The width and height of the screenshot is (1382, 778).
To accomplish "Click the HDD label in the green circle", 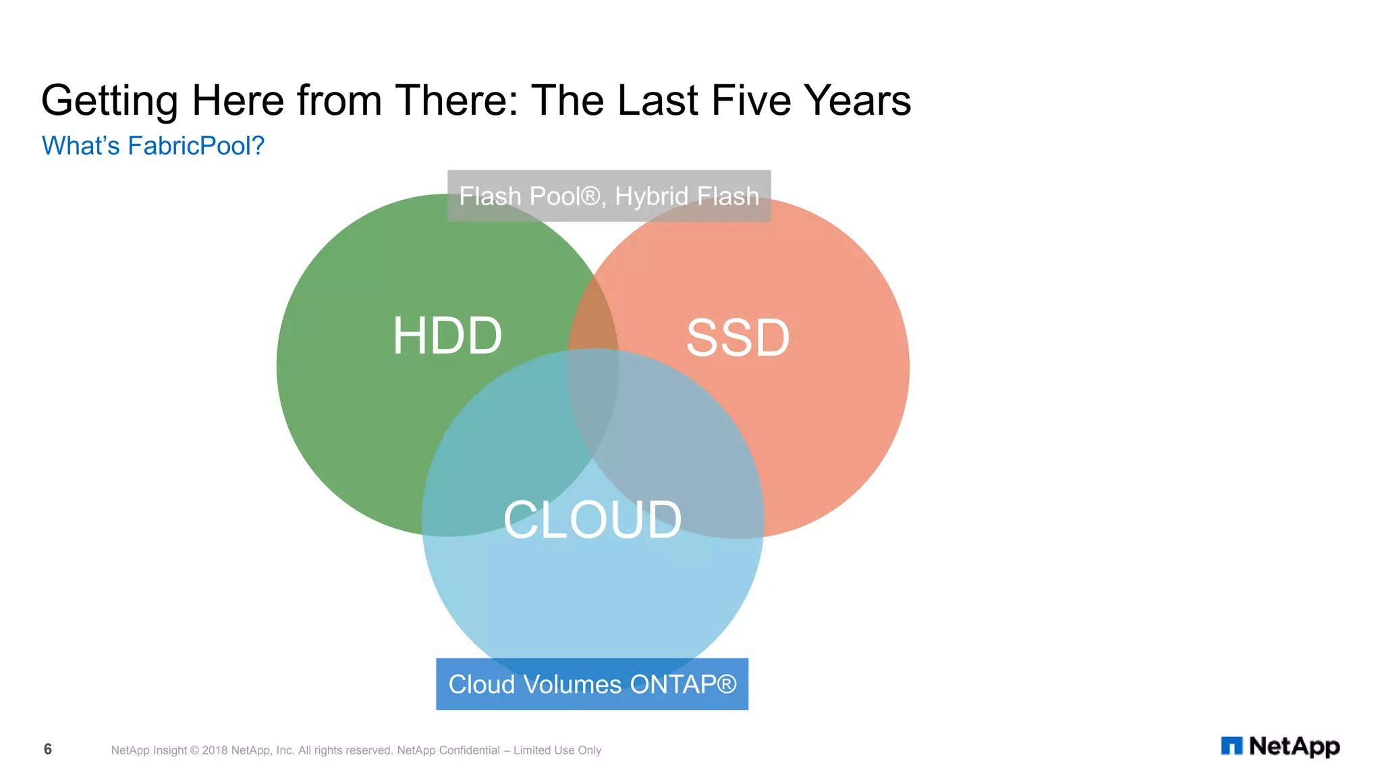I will (x=447, y=336).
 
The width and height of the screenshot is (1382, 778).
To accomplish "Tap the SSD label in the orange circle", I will (x=738, y=338).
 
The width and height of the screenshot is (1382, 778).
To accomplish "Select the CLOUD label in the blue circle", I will (x=592, y=519).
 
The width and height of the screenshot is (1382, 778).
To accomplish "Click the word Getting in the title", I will (x=109, y=101).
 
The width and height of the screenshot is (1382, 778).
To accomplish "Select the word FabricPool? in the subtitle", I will (x=196, y=146).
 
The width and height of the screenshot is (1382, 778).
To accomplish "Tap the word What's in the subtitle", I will (x=80, y=146).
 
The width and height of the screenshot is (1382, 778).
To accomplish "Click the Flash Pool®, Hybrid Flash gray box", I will (x=609, y=196).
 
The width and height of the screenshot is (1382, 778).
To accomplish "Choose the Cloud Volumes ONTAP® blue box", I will (x=592, y=683).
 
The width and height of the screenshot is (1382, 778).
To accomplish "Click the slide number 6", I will (x=48, y=749).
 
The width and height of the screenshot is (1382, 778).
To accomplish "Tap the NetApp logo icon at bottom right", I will (x=1232, y=746).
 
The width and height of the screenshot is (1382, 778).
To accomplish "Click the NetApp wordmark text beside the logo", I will (x=1294, y=746).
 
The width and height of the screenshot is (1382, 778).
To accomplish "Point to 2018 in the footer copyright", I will (x=215, y=750).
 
